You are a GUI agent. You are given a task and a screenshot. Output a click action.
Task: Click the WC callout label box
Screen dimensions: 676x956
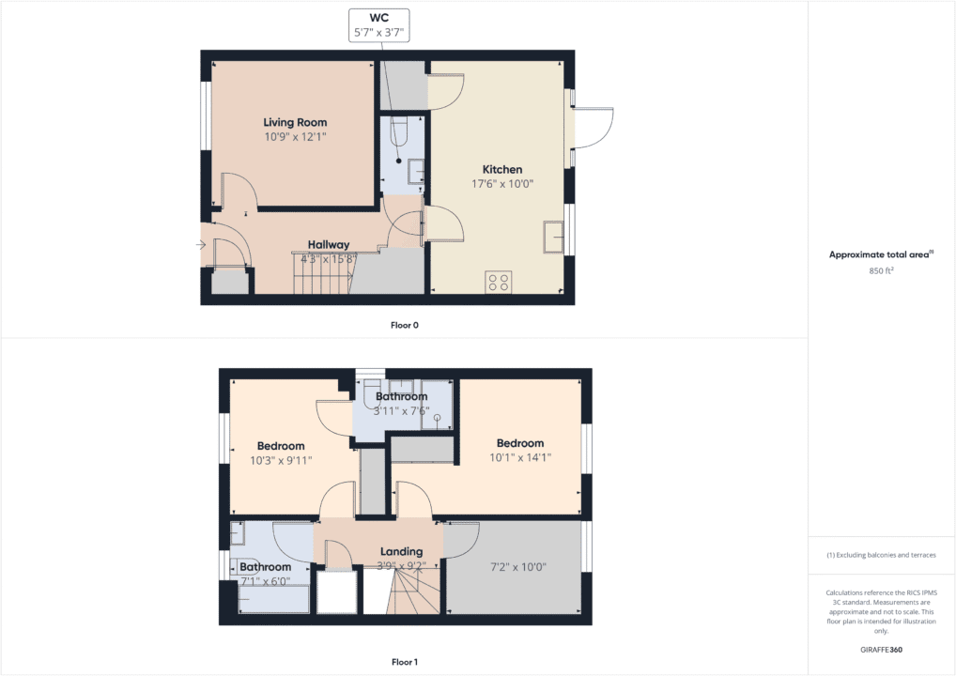(x=379, y=24)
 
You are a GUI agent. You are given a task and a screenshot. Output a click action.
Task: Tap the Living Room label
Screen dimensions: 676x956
(x=295, y=122)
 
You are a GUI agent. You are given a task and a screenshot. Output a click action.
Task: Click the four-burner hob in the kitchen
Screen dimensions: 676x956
(x=499, y=283)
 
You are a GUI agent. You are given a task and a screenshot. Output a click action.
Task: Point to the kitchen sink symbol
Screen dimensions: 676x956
(x=552, y=238)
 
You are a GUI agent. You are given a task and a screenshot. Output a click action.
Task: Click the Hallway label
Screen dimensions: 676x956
(x=329, y=244)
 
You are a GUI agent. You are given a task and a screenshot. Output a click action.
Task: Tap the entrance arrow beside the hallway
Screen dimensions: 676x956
(x=201, y=245)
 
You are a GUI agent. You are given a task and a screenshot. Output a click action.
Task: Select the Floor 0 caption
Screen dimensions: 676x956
(x=404, y=325)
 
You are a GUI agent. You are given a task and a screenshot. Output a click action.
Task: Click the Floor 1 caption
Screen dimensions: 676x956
(x=404, y=662)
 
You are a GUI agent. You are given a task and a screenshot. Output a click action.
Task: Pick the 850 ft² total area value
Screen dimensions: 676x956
(x=880, y=270)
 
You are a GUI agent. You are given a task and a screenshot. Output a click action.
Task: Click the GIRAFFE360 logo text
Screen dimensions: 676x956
(x=881, y=649)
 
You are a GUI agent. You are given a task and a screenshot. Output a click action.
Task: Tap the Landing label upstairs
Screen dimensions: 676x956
(x=401, y=551)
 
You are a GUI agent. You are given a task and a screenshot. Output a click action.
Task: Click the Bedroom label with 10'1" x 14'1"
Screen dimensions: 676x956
(x=520, y=443)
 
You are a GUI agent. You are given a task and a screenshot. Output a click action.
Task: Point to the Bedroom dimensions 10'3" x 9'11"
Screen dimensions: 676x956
(x=281, y=460)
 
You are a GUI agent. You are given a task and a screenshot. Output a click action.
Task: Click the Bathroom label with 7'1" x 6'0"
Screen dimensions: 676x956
(x=265, y=567)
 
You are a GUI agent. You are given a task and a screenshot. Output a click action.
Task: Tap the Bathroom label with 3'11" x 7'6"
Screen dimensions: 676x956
(x=402, y=396)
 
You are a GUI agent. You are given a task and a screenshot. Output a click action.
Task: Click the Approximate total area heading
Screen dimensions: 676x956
(x=880, y=254)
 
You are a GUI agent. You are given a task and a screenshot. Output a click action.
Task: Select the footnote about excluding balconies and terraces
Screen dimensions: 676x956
(x=881, y=555)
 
